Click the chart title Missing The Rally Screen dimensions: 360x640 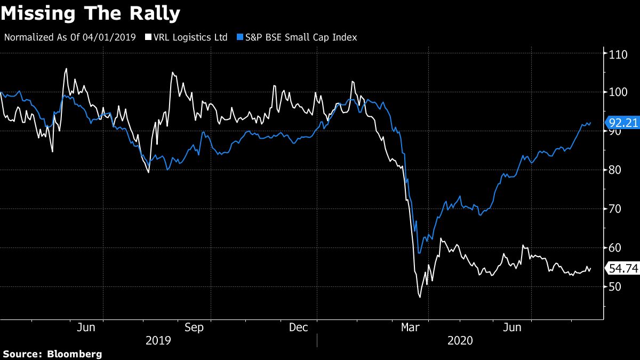point(91,14)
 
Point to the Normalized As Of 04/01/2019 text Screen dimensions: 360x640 point(70,37)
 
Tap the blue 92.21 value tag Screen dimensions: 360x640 point(623,123)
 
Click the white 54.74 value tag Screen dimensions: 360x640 point(623,269)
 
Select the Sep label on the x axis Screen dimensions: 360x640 point(194,327)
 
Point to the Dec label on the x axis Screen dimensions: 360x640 point(298,327)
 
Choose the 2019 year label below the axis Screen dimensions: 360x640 point(158,340)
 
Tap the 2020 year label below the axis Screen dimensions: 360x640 point(460,340)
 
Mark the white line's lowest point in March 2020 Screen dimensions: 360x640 point(420,297)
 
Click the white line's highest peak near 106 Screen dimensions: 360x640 point(66,68)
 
